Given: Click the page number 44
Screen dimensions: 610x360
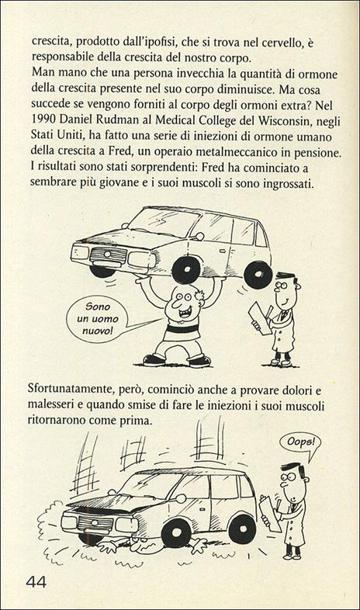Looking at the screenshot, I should pyautogui.click(x=36, y=581).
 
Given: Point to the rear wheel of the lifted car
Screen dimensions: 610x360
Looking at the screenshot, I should pyautogui.click(x=257, y=274).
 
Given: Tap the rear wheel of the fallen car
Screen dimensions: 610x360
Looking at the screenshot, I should pyautogui.click(x=241, y=528).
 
